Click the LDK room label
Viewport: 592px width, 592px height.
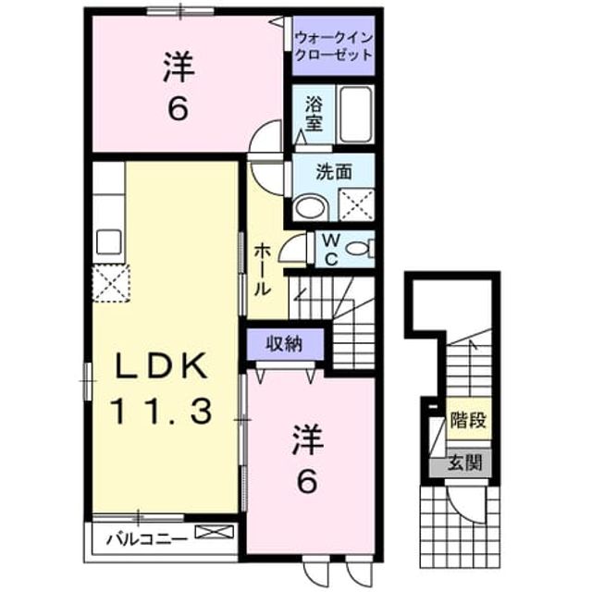click(x=162, y=366)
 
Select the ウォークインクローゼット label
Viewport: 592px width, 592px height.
click(x=334, y=46)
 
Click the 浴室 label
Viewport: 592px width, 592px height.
click(x=314, y=114)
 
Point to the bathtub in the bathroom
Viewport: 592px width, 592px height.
click(x=355, y=115)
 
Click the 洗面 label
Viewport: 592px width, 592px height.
click(x=334, y=172)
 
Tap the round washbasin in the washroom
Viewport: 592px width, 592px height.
click(x=312, y=207)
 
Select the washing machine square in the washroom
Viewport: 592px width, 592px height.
click(x=356, y=205)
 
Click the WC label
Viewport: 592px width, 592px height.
click(x=331, y=250)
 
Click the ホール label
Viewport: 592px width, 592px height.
click(x=263, y=269)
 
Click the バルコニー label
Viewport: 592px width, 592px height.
click(x=146, y=539)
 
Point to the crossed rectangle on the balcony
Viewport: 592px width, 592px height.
click(x=214, y=532)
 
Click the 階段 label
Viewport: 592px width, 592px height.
click(x=468, y=419)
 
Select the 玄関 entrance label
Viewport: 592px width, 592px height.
click(x=465, y=462)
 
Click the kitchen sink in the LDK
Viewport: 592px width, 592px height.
click(x=109, y=241)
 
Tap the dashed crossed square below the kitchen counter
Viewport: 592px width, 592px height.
click(x=111, y=283)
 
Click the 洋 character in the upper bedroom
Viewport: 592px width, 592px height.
click(x=179, y=68)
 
